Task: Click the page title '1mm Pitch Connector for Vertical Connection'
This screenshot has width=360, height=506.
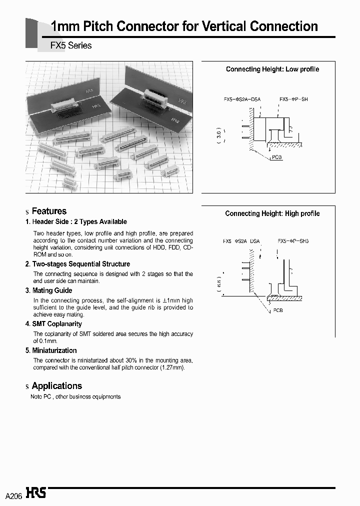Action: tap(184, 26)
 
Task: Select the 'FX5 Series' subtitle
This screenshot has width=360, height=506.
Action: tap(71, 45)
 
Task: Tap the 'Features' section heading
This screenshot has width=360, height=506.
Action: tap(49, 211)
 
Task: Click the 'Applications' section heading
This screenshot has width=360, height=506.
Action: tap(56, 386)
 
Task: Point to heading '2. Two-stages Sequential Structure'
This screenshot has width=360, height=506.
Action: tap(77, 264)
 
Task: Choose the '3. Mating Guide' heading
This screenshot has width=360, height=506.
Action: tap(48, 290)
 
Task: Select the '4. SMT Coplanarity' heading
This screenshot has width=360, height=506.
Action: tap(53, 324)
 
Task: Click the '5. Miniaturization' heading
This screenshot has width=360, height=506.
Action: tap(51, 350)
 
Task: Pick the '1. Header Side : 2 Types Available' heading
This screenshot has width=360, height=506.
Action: tap(76, 222)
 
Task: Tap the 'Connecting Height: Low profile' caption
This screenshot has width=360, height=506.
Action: tap(272, 69)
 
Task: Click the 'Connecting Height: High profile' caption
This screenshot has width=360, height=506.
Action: tap(272, 213)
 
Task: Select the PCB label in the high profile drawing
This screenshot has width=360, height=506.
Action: tap(278, 310)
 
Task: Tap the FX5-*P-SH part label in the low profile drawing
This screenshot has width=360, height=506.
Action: tap(293, 99)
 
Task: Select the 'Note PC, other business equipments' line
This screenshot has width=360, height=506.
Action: tap(75, 396)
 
